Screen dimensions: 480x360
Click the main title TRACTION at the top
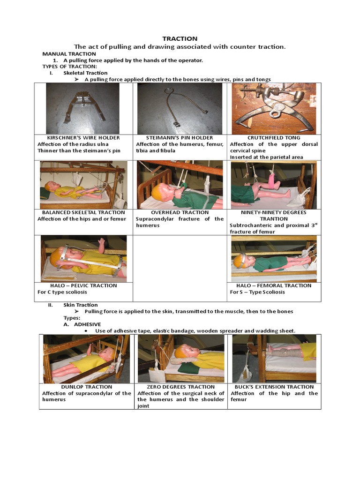tap(180, 38)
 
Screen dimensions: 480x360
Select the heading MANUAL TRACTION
tap(69, 54)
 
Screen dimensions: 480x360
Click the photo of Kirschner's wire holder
tap(82, 109)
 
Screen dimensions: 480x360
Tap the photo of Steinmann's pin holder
tap(180, 109)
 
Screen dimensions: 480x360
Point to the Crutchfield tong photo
tap(274, 109)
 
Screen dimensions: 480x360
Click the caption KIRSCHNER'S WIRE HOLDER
tap(83, 138)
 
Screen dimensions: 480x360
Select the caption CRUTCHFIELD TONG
tap(274, 138)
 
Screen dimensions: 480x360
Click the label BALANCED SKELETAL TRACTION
tap(83, 212)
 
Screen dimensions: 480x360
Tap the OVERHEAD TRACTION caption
tap(180, 212)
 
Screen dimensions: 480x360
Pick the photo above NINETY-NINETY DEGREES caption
tap(274, 185)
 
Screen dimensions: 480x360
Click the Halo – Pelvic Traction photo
tap(83, 258)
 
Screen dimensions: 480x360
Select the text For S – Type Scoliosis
tap(257, 292)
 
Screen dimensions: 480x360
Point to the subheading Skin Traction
tap(81, 305)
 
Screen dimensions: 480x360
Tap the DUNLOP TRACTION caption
tap(86, 387)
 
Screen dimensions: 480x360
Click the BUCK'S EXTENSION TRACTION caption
tap(274, 387)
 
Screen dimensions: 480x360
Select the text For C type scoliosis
tap(63, 292)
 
